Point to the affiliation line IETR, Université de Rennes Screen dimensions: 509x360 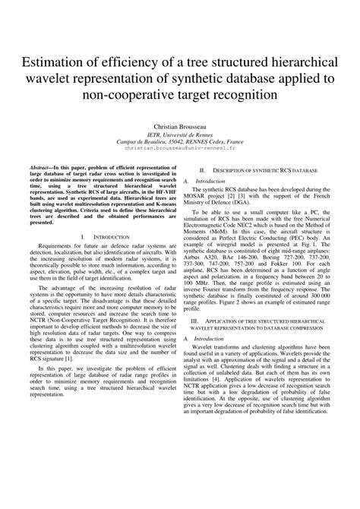pos(180,133)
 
